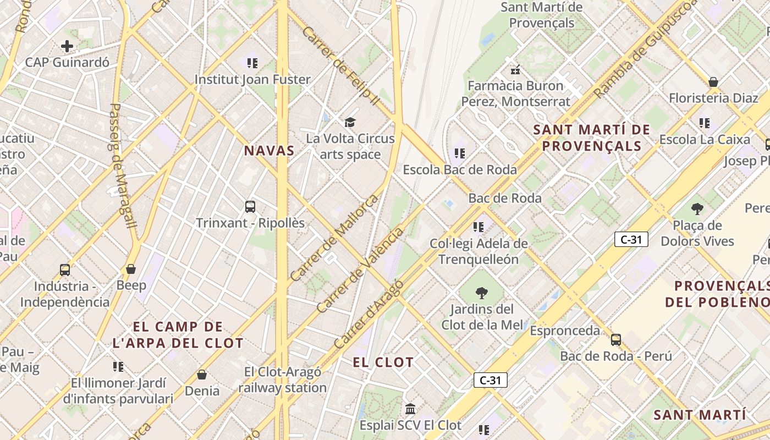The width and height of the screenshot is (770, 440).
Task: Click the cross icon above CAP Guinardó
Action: point(67,46)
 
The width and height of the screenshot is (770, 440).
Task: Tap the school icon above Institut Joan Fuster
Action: point(252,63)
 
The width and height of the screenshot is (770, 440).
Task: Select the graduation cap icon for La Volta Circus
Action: point(350,122)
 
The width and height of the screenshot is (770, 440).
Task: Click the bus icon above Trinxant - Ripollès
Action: point(250,207)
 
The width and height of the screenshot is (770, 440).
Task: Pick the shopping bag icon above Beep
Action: point(131,269)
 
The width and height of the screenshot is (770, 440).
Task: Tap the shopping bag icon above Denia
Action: point(202,375)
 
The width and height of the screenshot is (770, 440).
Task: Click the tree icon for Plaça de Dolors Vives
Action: point(697,209)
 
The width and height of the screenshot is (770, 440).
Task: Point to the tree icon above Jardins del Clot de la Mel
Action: point(482,293)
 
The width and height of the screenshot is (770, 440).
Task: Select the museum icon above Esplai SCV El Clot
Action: point(410,409)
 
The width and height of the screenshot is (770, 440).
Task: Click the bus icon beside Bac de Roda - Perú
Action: point(616,340)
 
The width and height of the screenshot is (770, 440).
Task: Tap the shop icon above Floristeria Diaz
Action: point(713,82)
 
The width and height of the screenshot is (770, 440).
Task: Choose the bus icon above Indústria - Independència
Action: point(65,270)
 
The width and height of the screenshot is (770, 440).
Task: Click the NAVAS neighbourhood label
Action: point(269,151)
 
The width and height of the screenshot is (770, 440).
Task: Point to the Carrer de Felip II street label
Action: point(341,66)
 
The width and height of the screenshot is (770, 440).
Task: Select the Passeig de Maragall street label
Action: point(122,165)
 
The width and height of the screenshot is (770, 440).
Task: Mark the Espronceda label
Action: point(565,331)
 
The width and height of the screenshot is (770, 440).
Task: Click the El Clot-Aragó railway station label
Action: point(283,380)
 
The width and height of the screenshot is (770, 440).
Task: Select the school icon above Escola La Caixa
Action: point(705,123)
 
